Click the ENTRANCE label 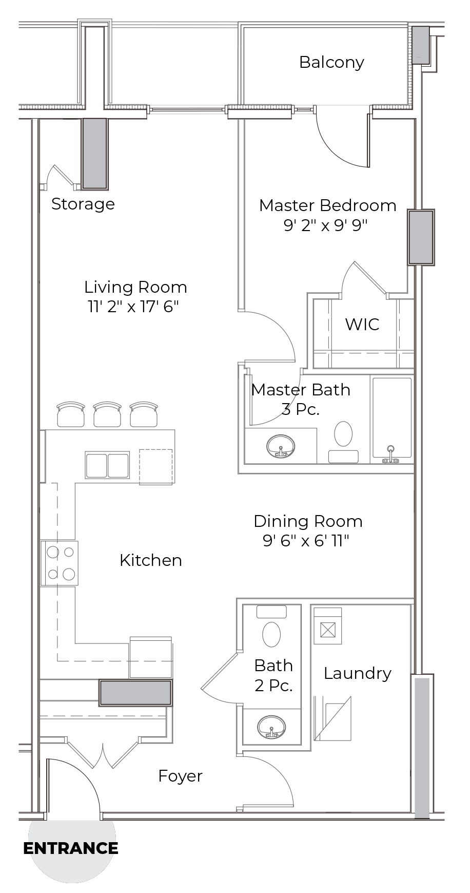click(71, 848)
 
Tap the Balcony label click(331, 63)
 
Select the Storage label click(83, 204)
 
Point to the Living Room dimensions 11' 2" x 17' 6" click(133, 307)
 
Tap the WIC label click(362, 325)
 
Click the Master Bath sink click(281, 447)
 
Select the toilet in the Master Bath click(343, 442)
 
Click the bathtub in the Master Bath click(391, 419)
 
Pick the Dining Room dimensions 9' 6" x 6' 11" click(306, 541)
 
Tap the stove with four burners click(60, 563)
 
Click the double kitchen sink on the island click(107, 465)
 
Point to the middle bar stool click(107, 414)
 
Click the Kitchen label click(151, 560)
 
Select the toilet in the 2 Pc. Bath click(271, 627)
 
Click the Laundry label click(358, 673)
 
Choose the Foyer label click(180, 776)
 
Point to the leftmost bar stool click(71, 414)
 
